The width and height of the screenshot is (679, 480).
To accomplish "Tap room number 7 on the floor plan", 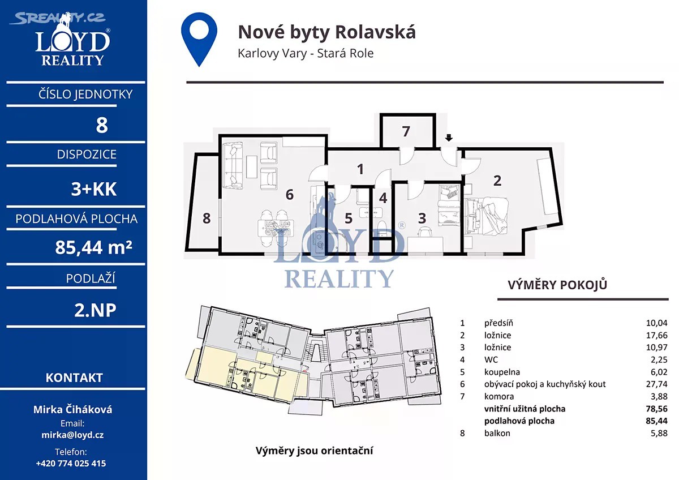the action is (406, 131).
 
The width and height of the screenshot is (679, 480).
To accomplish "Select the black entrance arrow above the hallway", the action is (449, 138).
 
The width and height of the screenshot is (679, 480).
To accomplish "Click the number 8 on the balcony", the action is (207, 218).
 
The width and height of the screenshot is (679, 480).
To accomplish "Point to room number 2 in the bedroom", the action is (497, 181).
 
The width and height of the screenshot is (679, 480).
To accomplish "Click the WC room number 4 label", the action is (383, 198).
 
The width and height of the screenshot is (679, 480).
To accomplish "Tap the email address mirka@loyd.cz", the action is (72, 435).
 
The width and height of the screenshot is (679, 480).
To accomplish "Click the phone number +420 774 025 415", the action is (71, 464).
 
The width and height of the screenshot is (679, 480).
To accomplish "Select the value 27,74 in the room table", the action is (656, 384).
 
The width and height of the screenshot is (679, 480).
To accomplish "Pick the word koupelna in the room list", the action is (502, 372).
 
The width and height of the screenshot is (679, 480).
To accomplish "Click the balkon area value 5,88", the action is (659, 433).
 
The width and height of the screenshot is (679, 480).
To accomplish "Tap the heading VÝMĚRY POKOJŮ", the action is (557, 285).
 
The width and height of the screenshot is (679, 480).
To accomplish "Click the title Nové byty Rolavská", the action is (327, 32).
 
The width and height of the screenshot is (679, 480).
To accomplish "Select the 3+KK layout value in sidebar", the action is (94, 189).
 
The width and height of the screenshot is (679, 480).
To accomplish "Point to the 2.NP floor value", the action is (95, 310).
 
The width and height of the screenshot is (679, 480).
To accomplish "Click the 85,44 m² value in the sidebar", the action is (93, 247).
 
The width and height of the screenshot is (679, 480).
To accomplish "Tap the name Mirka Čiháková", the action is (72, 410).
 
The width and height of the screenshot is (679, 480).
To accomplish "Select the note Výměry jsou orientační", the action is (314, 451).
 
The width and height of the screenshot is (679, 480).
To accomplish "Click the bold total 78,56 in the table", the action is (656, 409).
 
